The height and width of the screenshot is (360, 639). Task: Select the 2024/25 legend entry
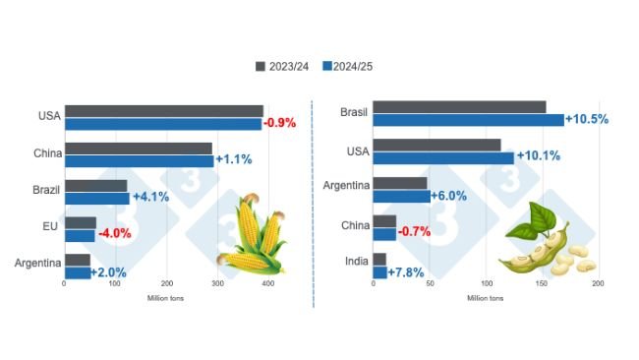pyautogui.click(x=345, y=66)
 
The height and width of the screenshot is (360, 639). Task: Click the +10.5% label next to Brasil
pyautogui.click(x=587, y=119)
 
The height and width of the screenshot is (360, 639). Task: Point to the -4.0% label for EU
pyautogui.click(x=114, y=234)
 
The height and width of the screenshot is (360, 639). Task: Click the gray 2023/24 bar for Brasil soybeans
pyautogui.click(x=459, y=106)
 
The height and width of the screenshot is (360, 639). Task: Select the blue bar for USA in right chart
pyautogui.click(x=443, y=157)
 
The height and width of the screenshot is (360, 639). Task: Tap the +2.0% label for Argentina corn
pyautogui.click(x=109, y=271)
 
